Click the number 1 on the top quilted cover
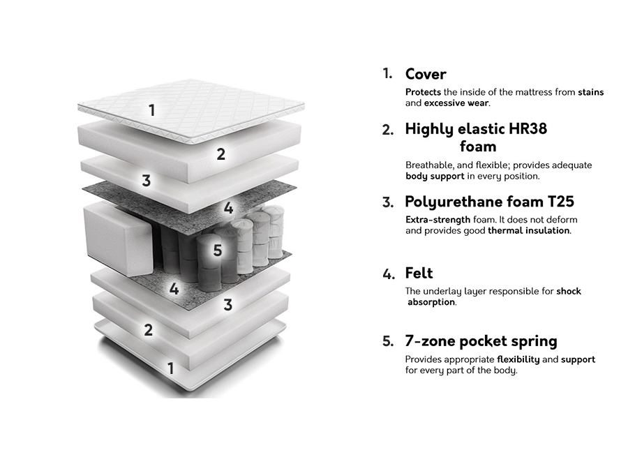click(152, 110)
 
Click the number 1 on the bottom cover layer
click(171, 368)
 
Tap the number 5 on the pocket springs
click(218, 251)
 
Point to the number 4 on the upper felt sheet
click(228, 208)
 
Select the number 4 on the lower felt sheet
click(174, 289)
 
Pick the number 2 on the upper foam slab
click(221, 154)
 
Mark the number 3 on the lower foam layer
click(228, 305)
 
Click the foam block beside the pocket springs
click(118, 239)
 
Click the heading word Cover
click(426, 74)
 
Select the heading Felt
click(419, 273)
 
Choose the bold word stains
click(591, 92)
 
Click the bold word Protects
click(423, 92)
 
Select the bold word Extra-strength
click(438, 220)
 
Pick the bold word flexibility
click(518, 359)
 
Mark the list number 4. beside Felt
click(389, 274)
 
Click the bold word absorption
click(431, 302)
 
